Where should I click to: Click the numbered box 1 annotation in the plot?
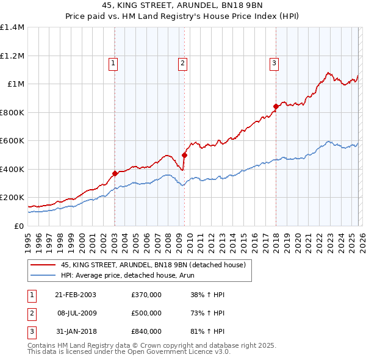113,62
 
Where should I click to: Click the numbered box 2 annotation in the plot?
182,62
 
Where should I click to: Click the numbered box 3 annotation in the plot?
274,62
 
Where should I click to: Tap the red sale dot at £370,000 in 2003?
115,173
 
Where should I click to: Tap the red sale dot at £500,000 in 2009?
184,155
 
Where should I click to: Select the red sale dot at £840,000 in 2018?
276,107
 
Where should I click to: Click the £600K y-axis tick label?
12,141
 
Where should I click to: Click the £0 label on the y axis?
18,226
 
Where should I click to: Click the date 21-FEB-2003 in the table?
76,295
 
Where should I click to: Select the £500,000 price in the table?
146,313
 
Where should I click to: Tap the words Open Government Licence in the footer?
176,352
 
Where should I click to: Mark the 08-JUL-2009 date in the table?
76,313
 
